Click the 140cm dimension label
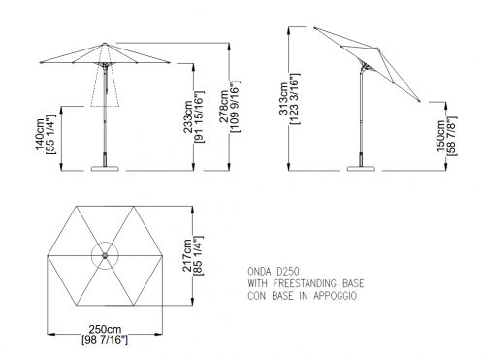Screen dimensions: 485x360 click(x=40, y=135)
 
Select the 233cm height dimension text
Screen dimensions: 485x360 click(x=188, y=116)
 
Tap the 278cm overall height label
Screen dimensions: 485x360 click(x=224, y=107)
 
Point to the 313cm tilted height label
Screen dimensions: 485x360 click(x=284, y=99)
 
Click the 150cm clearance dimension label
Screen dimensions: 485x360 click(x=440, y=136)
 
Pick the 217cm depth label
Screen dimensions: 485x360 click(x=188, y=255)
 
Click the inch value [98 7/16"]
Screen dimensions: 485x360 click(x=105, y=340)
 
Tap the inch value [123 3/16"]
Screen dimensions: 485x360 click(x=295, y=99)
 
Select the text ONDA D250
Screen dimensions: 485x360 click(x=274, y=271)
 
